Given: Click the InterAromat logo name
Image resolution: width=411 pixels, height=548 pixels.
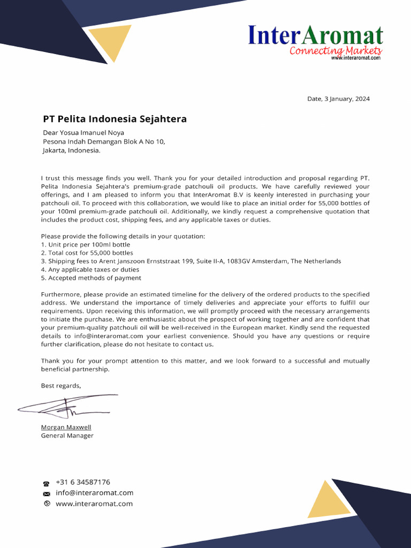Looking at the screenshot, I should [x=315, y=35].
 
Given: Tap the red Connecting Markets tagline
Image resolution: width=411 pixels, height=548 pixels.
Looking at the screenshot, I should [x=336, y=51].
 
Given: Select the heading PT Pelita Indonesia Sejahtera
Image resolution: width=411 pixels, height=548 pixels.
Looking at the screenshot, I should [x=115, y=119].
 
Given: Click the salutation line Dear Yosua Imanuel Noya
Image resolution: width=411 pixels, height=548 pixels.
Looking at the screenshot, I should [x=83, y=133].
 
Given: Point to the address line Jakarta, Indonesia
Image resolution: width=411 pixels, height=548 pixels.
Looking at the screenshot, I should [x=71, y=150].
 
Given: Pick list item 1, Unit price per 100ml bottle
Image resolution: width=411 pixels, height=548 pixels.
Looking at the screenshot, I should [x=86, y=245].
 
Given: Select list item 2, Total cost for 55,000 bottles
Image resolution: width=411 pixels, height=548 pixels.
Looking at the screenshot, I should [x=87, y=253].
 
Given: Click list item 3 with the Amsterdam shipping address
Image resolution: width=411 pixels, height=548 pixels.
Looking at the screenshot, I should [x=191, y=261].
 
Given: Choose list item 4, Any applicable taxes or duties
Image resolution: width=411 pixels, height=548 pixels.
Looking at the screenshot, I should [x=90, y=270].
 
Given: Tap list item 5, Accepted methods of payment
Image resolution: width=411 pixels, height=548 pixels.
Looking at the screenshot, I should [x=91, y=278].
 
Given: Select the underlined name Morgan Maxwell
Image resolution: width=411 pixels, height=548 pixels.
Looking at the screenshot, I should [x=66, y=427].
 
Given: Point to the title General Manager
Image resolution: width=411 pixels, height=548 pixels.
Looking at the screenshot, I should [x=67, y=436].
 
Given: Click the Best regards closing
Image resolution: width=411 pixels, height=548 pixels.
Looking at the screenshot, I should [x=61, y=385].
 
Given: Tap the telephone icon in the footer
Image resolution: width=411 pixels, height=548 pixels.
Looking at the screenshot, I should [x=47, y=483].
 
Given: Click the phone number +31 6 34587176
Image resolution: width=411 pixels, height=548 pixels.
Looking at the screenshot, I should [x=82, y=482].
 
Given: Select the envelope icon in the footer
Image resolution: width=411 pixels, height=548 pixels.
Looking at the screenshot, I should [x=47, y=493].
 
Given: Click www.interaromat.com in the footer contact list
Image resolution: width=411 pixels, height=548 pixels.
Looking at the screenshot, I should [x=94, y=504].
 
